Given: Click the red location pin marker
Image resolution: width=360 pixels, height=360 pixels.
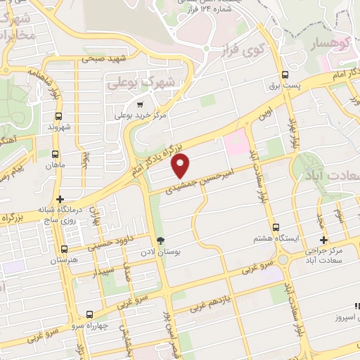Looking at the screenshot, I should pyautogui.click(x=181, y=165).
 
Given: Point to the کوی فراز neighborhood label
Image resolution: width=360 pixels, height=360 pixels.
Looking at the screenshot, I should pyautogui.click(x=240, y=50).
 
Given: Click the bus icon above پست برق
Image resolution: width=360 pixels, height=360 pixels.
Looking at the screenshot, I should pyautogui.click(x=285, y=75).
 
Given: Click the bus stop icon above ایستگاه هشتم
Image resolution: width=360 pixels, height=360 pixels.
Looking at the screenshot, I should pyautogui.click(x=277, y=228).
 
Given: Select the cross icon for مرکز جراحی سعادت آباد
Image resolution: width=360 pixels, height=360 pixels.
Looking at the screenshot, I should pyautogui.click(x=323, y=240).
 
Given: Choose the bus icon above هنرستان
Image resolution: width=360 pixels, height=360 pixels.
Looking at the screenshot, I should pyautogui.click(x=64, y=249).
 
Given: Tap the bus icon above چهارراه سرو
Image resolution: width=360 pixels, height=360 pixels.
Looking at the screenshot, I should pyautogui.click(x=89, y=314).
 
